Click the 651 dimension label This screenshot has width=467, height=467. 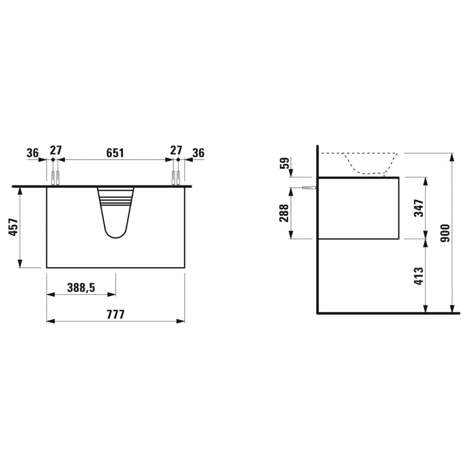coord(115,152)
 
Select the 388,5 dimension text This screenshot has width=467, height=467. coord(81,287)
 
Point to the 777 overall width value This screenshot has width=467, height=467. coord(115,314)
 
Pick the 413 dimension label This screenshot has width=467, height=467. coord(419,276)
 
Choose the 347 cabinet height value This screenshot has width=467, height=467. coord(419,208)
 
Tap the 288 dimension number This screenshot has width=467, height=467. coord(284,213)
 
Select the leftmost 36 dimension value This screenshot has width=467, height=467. coord(33,153)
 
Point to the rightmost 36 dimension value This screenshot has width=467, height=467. coord(198,153)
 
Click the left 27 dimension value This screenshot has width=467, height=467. coord(56,150)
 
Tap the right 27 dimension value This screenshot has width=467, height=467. coord(176,150)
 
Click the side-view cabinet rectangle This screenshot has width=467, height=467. coord(359,208)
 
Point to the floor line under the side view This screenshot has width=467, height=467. coord(388,313)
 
